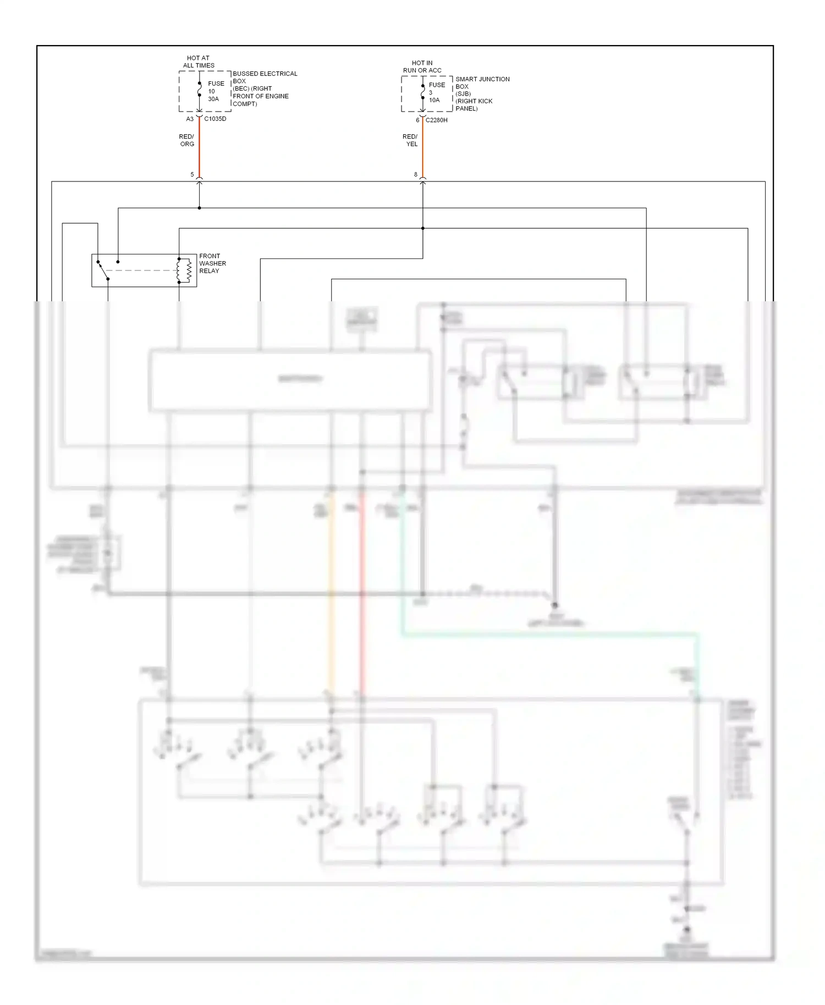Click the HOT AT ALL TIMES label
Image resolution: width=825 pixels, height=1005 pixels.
199,62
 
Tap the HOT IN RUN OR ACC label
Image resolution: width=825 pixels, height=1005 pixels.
422,67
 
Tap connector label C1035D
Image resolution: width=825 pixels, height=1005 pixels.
215,119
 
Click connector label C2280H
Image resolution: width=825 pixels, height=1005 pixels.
437,120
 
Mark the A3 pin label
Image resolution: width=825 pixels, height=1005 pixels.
190,119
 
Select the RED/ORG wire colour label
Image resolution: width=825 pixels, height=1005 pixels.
186,140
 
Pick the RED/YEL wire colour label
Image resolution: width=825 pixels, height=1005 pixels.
410,140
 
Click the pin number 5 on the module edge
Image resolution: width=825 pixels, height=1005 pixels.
192,174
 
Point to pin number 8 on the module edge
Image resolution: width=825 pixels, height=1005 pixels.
416,174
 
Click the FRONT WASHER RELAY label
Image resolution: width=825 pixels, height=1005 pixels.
212,263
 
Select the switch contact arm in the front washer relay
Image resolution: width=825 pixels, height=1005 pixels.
103,270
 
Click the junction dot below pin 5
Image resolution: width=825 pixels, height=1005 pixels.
199,208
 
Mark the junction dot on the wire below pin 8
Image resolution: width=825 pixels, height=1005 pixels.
422,228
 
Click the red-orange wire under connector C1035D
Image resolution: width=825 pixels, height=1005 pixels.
199,148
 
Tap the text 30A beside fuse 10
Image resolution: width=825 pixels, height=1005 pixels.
213,99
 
